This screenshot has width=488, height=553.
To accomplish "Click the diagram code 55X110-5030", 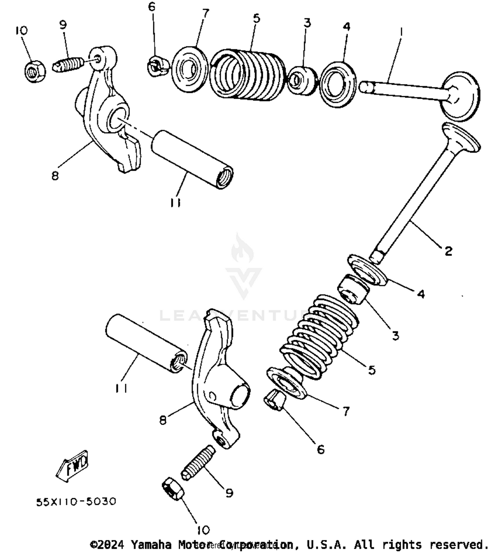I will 76,502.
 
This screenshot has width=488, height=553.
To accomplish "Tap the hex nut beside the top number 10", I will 34,71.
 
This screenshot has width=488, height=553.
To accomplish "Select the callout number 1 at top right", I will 401,32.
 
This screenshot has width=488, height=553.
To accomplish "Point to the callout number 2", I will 448,251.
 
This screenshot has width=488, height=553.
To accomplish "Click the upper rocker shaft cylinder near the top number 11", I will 192,159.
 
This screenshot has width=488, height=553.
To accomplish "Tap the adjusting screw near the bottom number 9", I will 198,462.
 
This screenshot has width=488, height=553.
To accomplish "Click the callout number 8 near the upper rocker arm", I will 55,176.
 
